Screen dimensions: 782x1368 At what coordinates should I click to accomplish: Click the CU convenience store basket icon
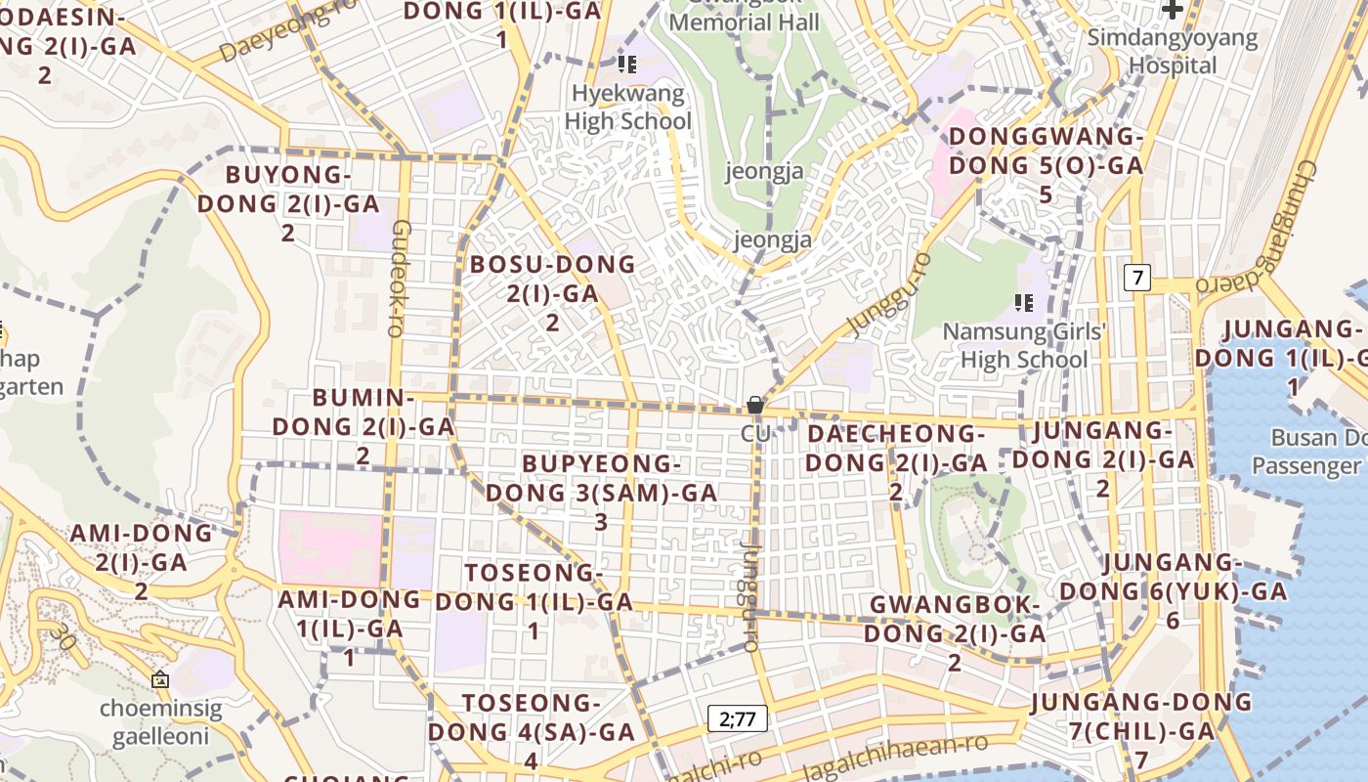click(x=754, y=404)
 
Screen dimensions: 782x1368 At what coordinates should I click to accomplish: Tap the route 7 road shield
click(x=1135, y=278)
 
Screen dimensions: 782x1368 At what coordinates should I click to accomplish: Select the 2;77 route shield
click(x=738, y=719)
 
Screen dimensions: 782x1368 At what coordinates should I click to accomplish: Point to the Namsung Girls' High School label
click(x=1024, y=345)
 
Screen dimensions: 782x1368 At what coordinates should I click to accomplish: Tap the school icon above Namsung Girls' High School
click(x=1023, y=302)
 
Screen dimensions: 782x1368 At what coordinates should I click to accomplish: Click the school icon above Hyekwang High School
click(x=626, y=65)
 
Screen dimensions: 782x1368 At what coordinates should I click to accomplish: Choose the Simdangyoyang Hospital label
click(x=1173, y=52)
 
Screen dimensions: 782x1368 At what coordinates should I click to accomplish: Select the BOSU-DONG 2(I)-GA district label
click(x=552, y=292)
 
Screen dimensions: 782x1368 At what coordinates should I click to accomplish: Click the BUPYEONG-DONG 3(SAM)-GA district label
click(x=601, y=492)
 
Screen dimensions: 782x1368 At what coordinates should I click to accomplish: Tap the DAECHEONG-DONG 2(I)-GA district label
click(x=896, y=461)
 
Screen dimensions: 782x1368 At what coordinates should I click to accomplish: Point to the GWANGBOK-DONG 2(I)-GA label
click(x=955, y=633)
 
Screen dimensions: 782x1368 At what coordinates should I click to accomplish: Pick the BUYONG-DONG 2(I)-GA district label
click(x=288, y=203)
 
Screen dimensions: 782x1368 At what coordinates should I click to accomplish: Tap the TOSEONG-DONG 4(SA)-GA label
click(x=532, y=731)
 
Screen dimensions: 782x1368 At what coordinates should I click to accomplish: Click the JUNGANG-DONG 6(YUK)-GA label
click(x=1174, y=590)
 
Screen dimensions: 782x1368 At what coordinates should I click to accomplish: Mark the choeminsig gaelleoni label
click(x=160, y=722)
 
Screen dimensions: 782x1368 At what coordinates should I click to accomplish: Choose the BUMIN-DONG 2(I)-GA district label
click(x=363, y=426)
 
